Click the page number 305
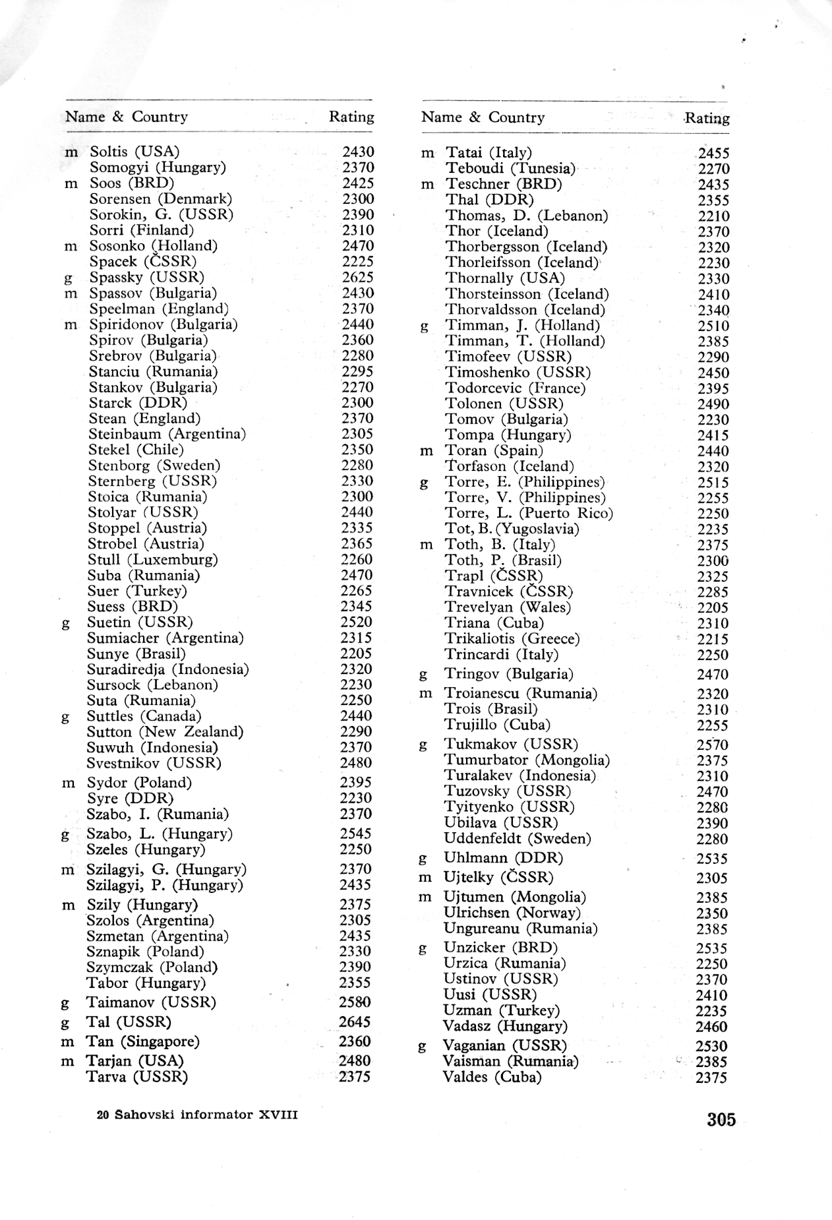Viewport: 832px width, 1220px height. pyautogui.click(x=721, y=1119)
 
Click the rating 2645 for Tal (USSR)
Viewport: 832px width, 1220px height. pyautogui.click(x=355, y=1022)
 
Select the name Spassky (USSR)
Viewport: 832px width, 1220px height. pyautogui.click(x=147, y=277)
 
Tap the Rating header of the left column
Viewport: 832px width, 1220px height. pyautogui.click(x=351, y=117)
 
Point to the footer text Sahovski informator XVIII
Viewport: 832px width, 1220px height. pyautogui.click(x=197, y=1114)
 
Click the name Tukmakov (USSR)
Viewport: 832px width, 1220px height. pyautogui.click(x=511, y=745)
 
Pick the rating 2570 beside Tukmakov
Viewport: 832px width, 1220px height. pyautogui.click(x=713, y=745)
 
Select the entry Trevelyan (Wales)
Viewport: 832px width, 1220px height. pyautogui.click(x=508, y=607)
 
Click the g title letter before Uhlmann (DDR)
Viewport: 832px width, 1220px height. pyautogui.click(x=423, y=859)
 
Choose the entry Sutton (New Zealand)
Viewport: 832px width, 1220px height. pyautogui.click(x=165, y=732)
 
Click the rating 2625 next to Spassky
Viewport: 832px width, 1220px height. pyautogui.click(x=358, y=278)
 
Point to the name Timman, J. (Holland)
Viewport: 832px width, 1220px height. pyautogui.click(x=523, y=326)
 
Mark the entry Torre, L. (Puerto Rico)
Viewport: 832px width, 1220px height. pyautogui.click(x=529, y=514)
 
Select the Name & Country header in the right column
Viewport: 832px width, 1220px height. pyautogui.click(x=483, y=117)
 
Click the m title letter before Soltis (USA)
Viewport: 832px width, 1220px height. pyautogui.click(x=71, y=152)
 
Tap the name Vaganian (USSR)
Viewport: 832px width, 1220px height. pyautogui.click(x=504, y=1046)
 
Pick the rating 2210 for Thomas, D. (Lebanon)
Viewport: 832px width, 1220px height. pyautogui.click(x=714, y=216)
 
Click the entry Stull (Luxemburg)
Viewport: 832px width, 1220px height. pyautogui.click(x=153, y=560)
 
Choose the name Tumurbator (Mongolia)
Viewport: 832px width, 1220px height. pyautogui.click(x=527, y=760)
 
